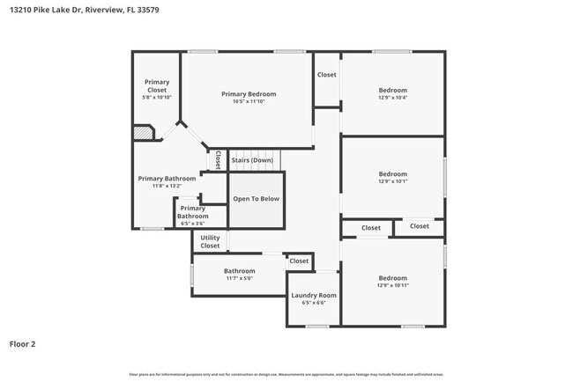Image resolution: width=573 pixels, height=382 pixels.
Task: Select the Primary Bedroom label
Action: pyautogui.click(x=248, y=94)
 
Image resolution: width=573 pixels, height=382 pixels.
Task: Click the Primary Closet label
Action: pyautogui.click(x=157, y=85)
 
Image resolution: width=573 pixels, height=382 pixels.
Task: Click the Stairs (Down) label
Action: pyautogui.click(x=252, y=160)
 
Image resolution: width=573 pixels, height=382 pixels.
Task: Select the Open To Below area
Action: pyautogui.click(x=256, y=199)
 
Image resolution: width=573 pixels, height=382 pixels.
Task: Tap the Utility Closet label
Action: pyautogui.click(x=210, y=241)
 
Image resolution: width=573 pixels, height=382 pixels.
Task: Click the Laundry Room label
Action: pyautogui.click(x=314, y=295)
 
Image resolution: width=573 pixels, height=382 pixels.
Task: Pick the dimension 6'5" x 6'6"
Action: pyautogui.click(x=314, y=303)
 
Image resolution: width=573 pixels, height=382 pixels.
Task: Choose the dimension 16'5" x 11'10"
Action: pyautogui.click(x=248, y=101)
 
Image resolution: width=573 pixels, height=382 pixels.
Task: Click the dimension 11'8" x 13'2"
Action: pyautogui.click(x=167, y=186)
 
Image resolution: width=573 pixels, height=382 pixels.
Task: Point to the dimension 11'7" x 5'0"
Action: pyautogui.click(x=239, y=278)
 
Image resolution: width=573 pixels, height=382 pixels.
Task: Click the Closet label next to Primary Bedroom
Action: pyautogui.click(x=326, y=75)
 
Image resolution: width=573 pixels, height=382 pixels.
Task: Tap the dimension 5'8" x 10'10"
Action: pyautogui.click(x=157, y=98)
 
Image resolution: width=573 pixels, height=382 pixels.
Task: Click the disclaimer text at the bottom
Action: pyautogui.click(x=286, y=374)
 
